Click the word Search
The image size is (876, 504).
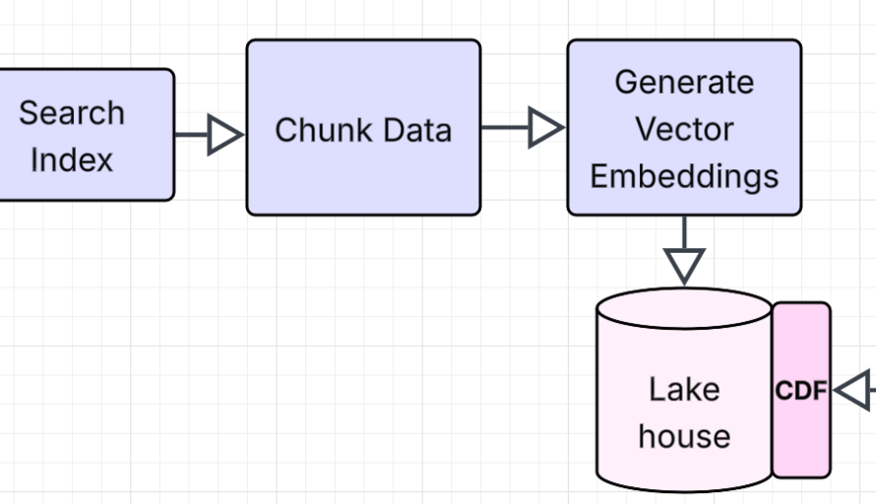point(72,113)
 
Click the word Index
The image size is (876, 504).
point(71,159)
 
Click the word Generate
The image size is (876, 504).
point(684,82)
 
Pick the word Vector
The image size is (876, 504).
point(684,129)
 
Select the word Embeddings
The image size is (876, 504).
point(684,176)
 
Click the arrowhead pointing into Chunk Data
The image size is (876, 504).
point(225,135)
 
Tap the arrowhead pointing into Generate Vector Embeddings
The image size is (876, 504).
point(545,128)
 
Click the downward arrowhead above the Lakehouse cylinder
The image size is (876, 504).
point(684,264)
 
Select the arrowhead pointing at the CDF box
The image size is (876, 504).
point(853,390)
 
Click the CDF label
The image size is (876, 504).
point(800,391)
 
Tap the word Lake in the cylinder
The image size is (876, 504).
point(684,389)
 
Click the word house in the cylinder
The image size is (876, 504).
point(684,436)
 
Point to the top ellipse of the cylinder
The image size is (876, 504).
point(684,308)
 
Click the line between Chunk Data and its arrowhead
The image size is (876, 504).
point(504,128)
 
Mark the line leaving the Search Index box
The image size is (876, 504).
point(191,135)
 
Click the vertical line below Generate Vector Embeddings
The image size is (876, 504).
point(684,231)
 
